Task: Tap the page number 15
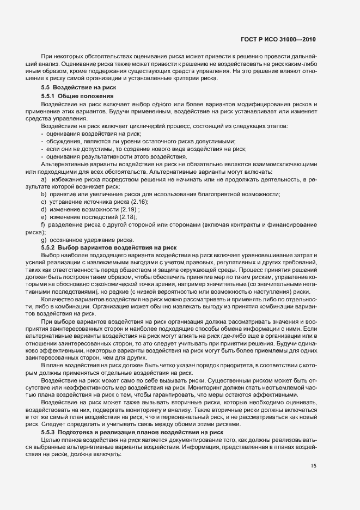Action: click(x=313, y=435)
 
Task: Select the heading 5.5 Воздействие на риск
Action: click(x=76, y=88)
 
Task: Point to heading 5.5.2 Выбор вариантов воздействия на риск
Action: click(x=101, y=247)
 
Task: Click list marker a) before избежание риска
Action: click(x=43, y=179)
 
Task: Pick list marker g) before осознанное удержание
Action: click(x=43, y=240)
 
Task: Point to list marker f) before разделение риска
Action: click(x=43, y=224)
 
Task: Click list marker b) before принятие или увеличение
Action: click(x=43, y=195)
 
